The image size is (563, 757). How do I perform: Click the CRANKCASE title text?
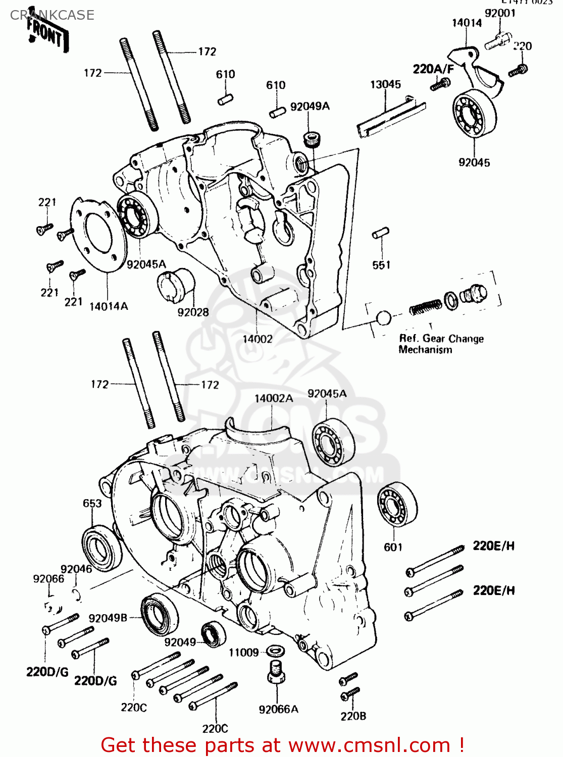click(52, 15)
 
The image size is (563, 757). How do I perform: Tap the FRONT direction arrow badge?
click(46, 35)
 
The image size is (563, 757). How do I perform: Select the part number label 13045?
click(385, 84)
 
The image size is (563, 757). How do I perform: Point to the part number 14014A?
click(109, 306)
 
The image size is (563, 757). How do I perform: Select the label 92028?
click(193, 312)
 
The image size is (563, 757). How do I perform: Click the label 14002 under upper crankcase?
click(258, 339)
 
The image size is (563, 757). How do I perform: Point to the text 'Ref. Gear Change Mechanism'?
click(441, 344)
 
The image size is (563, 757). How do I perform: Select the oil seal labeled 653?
click(101, 549)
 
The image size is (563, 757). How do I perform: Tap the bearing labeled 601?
click(397, 505)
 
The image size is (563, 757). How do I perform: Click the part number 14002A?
click(273, 398)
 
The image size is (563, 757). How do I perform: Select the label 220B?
click(353, 716)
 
